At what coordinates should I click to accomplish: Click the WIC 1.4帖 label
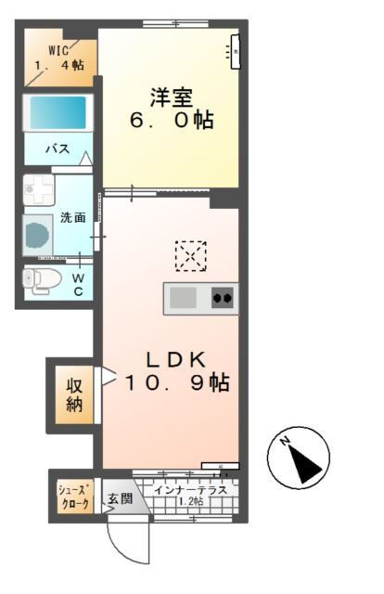[59, 58]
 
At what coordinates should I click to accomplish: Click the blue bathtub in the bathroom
[58, 112]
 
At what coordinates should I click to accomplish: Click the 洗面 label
[73, 218]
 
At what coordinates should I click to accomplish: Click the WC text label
[78, 284]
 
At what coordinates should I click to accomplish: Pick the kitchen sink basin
[182, 298]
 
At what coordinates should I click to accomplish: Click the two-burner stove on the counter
[223, 299]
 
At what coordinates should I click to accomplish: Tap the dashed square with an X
[190, 254]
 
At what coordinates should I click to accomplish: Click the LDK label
[171, 360]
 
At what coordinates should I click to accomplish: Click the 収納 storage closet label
[74, 393]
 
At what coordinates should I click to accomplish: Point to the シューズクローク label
[73, 497]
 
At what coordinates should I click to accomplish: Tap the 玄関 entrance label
[119, 499]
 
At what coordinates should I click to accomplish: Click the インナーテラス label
[192, 489]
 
